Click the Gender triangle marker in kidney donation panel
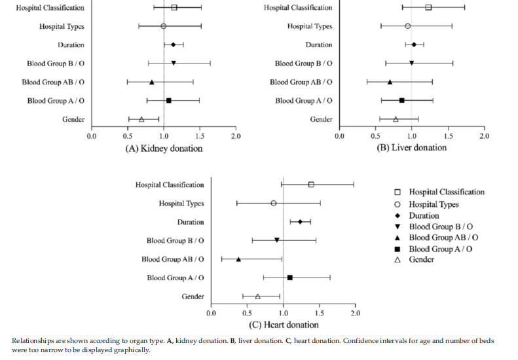[x=141, y=119]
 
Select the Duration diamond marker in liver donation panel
[x=414, y=45]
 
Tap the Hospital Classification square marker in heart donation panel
[x=310, y=185]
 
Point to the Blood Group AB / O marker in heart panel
[x=238, y=259]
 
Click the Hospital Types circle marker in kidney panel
[x=163, y=26]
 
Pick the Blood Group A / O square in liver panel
[x=401, y=100]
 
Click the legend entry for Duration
[x=424, y=215]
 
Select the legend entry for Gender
[x=422, y=260]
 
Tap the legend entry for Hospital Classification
[x=447, y=192]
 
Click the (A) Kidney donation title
[x=164, y=149]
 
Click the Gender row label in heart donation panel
[x=193, y=297]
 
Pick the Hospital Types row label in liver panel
[x=310, y=26]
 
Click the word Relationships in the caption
[x=31, y=341]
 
